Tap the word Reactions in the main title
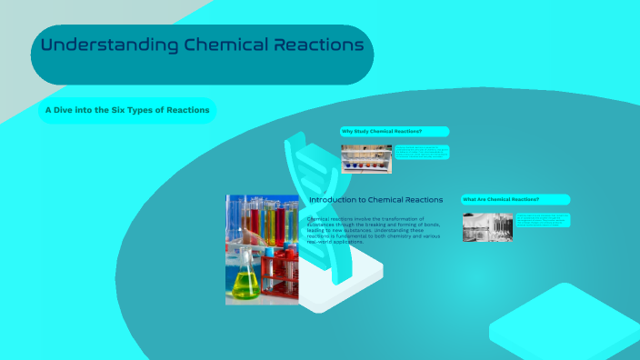(x=318, y=45)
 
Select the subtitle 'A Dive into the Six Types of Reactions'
(x=127, y=111)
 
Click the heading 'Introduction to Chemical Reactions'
(x=375, y=200)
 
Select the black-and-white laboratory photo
(x=487, y=227)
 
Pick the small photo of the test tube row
(x=366, y=159)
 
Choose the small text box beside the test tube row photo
(x=421, y=153)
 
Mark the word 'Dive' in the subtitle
(x=65, y=111)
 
